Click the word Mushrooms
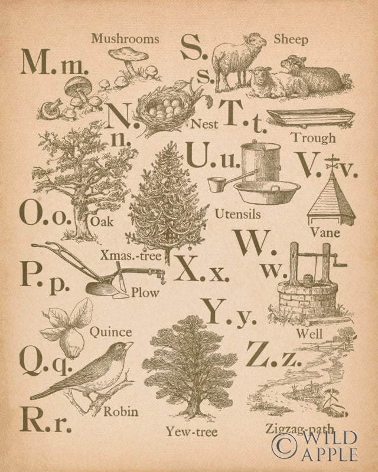pos(125,39)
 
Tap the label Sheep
pos(291,40)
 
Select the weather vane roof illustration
pos(332,195)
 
